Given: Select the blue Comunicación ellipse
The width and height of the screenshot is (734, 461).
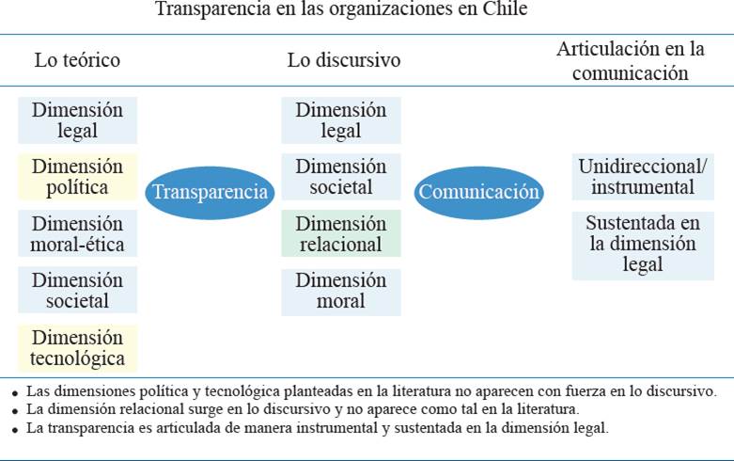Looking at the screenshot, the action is (x=479, y=192).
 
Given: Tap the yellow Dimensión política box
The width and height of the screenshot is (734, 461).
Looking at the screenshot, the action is (x=77, y=177).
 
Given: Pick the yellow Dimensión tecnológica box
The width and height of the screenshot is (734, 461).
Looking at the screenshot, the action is (x=77, y=348).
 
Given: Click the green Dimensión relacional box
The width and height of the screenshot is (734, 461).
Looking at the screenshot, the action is (x=340, y=234).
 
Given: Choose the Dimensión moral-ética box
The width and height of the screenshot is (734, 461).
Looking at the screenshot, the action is (x=77, y=234).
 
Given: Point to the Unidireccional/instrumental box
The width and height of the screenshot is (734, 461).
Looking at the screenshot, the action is (x=643, y=177).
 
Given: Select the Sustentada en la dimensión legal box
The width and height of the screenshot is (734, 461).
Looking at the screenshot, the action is (x=643, y=245).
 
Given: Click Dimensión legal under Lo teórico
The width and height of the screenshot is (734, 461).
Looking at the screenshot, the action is (x=77, y=120).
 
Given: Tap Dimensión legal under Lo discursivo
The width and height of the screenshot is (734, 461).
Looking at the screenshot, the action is (x=340, y=120).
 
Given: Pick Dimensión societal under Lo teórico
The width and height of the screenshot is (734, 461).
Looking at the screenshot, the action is (x=77, y=291).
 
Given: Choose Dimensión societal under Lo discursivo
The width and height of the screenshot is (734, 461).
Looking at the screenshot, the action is (x=340, y=177).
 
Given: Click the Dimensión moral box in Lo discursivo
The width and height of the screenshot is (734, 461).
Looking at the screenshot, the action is (x=340, y=291).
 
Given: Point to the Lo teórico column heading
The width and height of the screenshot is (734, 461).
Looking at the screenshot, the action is (x=77, y=60).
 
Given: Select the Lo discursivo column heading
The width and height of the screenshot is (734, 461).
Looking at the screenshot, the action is (x=344, y=60).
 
